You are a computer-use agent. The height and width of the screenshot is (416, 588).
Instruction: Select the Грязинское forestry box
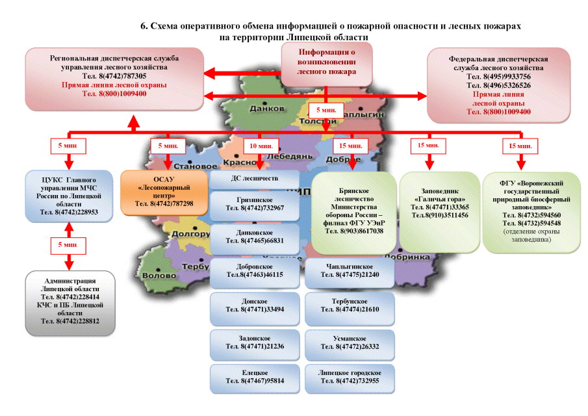coord(254,204)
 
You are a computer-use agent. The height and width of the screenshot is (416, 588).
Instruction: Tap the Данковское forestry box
coord(254,238)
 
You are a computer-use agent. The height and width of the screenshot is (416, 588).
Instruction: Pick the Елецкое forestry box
coord(254,378)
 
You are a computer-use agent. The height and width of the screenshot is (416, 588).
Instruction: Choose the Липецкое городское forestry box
coord(349,378)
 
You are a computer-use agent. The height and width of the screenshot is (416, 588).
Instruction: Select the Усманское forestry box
coord(349,343)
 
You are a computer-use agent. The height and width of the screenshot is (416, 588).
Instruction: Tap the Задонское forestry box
coord(254,343)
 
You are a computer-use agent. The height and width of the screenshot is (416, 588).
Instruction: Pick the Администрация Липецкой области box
coord(70,302)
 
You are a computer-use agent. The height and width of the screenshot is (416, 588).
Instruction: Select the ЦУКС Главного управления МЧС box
coord(70,195)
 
